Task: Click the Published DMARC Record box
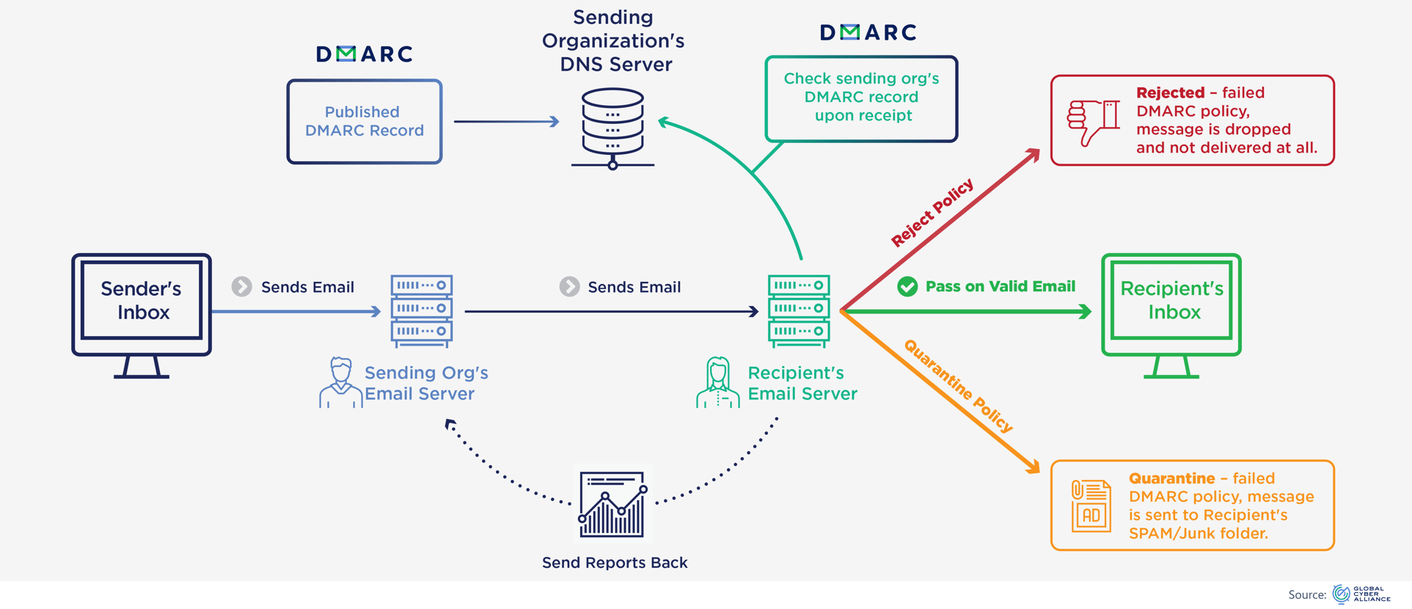[365, 122]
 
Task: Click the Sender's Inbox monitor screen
[142, 301]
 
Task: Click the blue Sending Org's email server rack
[422, 310]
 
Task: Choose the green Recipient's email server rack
[799, 310]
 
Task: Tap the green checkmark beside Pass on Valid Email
[907, 287]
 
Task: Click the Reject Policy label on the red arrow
[932, 212]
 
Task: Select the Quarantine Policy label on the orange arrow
[958, 386]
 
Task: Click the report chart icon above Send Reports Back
[612, 505]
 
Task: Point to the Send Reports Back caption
[615, 563]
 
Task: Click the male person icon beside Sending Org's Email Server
[340, 382]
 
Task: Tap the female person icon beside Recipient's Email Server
[717, 382]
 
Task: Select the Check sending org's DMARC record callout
[861, 98]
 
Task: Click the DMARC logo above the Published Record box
[365, 54]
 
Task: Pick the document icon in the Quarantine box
[1091, 506]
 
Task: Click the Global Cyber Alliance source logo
[1361, 594]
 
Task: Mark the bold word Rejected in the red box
[1170, 93]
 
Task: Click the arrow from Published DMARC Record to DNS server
[506, 122]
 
